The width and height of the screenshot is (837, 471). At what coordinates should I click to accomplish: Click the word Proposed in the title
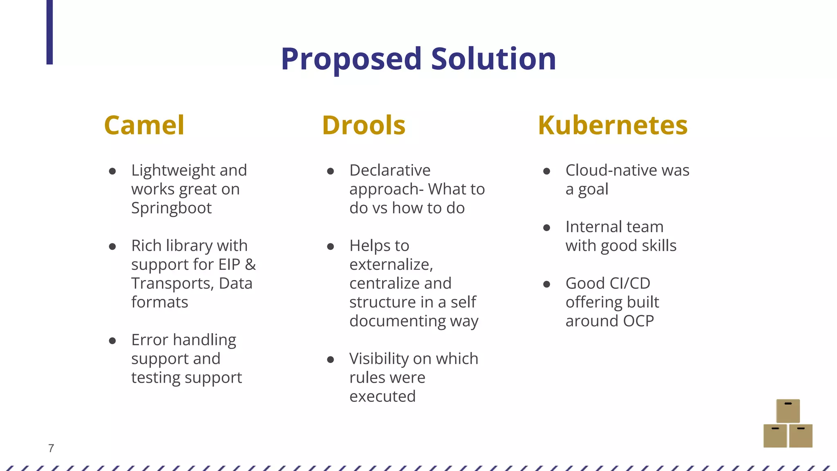[x=351, y=59]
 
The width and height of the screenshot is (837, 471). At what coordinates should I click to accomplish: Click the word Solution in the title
[x=493, y=59]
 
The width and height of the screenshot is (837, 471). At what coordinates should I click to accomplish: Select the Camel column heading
[x=144, y=125]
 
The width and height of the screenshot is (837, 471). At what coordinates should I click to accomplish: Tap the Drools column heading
[x=363, y=125]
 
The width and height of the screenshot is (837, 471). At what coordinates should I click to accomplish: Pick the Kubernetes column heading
[x=613, y=125]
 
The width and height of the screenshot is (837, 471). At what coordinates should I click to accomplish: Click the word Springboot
[x=171, y=208]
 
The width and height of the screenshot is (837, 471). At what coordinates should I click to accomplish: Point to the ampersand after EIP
[x=251, y=265]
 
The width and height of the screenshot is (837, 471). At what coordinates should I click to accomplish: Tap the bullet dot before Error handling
[x=112, y=341]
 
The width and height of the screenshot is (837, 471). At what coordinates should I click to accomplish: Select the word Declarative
[x=390, y=170]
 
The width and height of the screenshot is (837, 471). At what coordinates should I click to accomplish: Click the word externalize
[x=390, y=265]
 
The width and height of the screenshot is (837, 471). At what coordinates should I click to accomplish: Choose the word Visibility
[x=378, y=359]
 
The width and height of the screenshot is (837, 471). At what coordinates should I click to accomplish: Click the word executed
[x=383, y=396]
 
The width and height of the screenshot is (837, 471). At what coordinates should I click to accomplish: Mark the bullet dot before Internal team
[x=546, y=228]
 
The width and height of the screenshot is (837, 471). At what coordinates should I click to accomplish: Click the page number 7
[x=51, y=449]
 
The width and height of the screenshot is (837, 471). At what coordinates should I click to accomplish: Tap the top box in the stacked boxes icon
[x=788, y=411]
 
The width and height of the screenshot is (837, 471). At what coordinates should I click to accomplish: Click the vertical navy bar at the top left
[x=49, y=32]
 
